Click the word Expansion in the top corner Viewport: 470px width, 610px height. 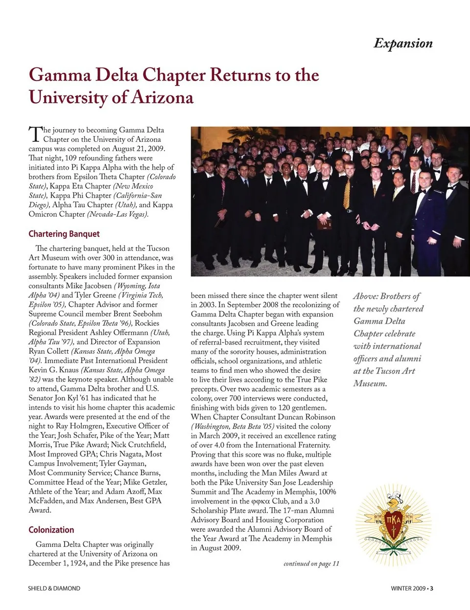(403, 44)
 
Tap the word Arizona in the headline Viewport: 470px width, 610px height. (162, 97)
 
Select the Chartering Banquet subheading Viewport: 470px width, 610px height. (64, 234)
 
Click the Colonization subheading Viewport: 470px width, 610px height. (51, 530)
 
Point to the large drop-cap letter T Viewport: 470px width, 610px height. (35, 134)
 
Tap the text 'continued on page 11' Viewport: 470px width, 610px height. (311, 564)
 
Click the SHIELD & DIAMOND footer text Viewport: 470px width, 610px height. (54, 588)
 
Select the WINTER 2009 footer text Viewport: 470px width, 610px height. (408, 588)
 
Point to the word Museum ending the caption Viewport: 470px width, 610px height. (370, 384)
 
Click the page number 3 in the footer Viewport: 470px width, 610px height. (431, 588)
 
